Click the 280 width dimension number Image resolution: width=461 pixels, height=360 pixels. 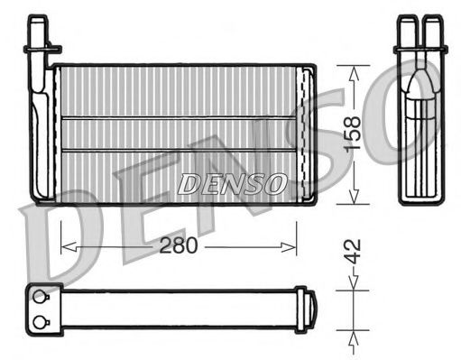(x=178, y=244)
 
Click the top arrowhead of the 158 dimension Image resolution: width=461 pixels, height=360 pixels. (x=353, y=69)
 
